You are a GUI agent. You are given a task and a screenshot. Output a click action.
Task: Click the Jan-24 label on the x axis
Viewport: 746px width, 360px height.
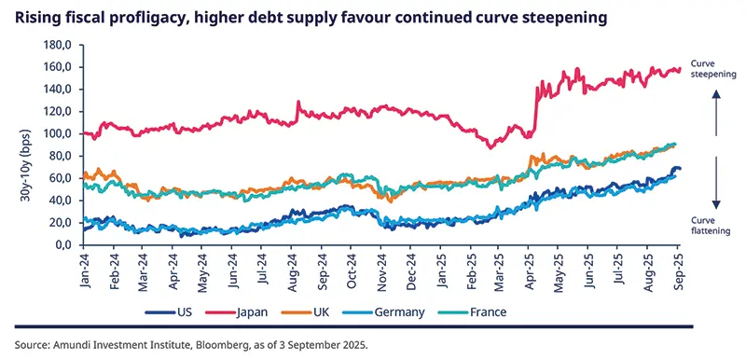pyautogui.click(x=84, y=270)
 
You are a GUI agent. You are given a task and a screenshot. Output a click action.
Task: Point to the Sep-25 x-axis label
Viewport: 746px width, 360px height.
pyautogui.click(x=679, y=270)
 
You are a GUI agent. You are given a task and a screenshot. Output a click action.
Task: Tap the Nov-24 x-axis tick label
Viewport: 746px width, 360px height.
pyautogui.click(x=381, y=270)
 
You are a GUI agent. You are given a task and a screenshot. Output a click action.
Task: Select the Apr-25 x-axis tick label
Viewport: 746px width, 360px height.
pyautogui.click(x=530, y=270)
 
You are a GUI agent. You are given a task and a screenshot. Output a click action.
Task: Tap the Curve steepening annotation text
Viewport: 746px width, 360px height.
pyautogui.click(x=716, y=67)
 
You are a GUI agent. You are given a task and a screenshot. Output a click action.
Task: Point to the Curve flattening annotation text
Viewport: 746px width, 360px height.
pyautogui.click(x=716, y=224)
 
